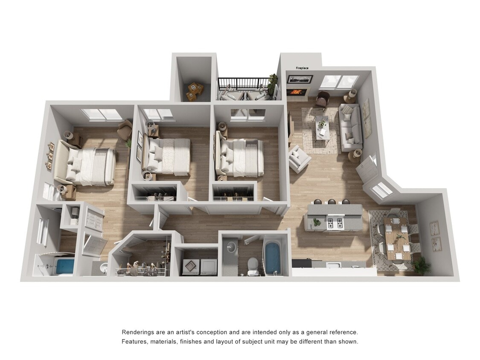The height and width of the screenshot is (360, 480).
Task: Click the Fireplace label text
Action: click(302, 68)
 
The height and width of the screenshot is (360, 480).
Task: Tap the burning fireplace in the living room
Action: click(297, 92)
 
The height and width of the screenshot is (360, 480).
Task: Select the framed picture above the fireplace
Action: click(300, 79)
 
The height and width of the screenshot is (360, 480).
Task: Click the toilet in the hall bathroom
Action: click(253, 264)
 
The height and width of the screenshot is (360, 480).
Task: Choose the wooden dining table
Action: click(398, 238)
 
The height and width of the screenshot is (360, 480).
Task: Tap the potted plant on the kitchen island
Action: click(316, 221)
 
